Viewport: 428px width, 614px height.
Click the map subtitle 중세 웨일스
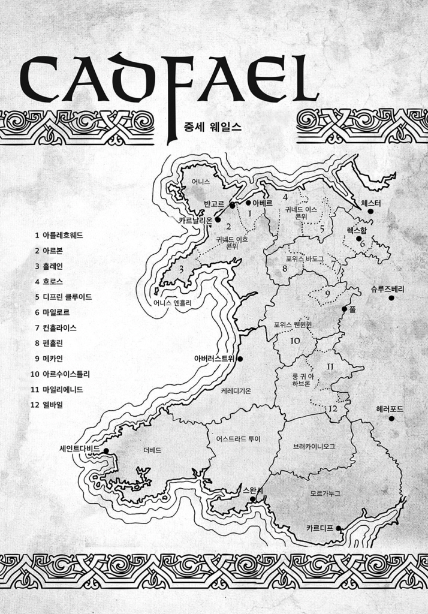point(213,127)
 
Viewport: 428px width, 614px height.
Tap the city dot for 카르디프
point(339,528)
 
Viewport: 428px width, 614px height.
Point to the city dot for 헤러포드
point(391,419)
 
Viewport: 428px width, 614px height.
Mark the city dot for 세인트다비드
point(106,450)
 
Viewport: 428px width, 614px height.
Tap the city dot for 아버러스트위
point(239,359)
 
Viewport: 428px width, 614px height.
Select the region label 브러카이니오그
point(314,447)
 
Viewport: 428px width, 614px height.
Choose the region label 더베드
point(152,450)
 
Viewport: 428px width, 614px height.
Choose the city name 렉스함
point(356,230)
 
